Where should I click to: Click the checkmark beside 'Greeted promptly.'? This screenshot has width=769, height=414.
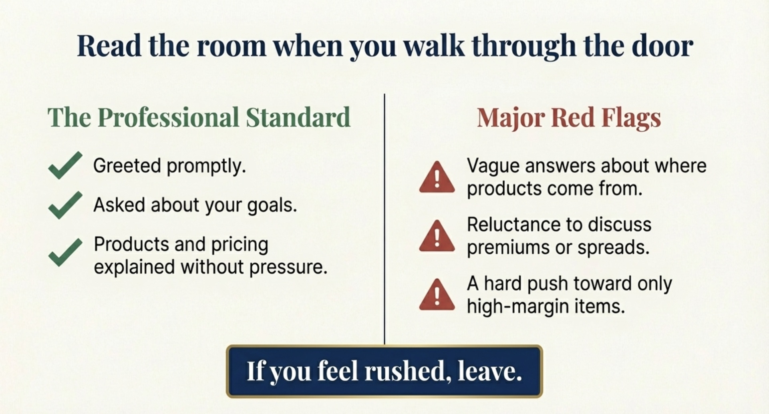(65, 165)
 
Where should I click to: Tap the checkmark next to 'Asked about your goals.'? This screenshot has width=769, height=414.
(65, 205)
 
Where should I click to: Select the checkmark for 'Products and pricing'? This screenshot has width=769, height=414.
(65, 252)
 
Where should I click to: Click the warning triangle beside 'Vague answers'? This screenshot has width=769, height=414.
(437, 178)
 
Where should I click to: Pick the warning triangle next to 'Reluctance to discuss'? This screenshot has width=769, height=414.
(437, 237)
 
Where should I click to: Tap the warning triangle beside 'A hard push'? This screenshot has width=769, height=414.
(437, 295)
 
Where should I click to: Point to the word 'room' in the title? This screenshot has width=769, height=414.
(231, 46)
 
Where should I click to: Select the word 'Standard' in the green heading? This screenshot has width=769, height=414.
(298, 117)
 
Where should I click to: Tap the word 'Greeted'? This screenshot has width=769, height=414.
(127, 165)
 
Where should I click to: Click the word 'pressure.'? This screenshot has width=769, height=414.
(288, 267)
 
